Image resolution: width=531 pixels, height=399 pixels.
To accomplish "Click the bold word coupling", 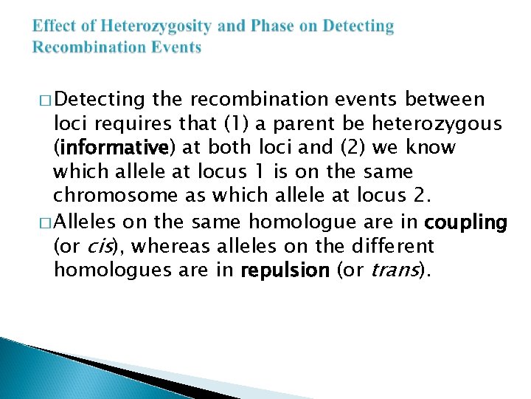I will (x=467, y=222).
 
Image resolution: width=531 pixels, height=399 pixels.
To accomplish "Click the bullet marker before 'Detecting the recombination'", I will (x=43, y=100).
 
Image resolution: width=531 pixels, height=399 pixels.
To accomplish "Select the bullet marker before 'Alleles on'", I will (x=43, y=222).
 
